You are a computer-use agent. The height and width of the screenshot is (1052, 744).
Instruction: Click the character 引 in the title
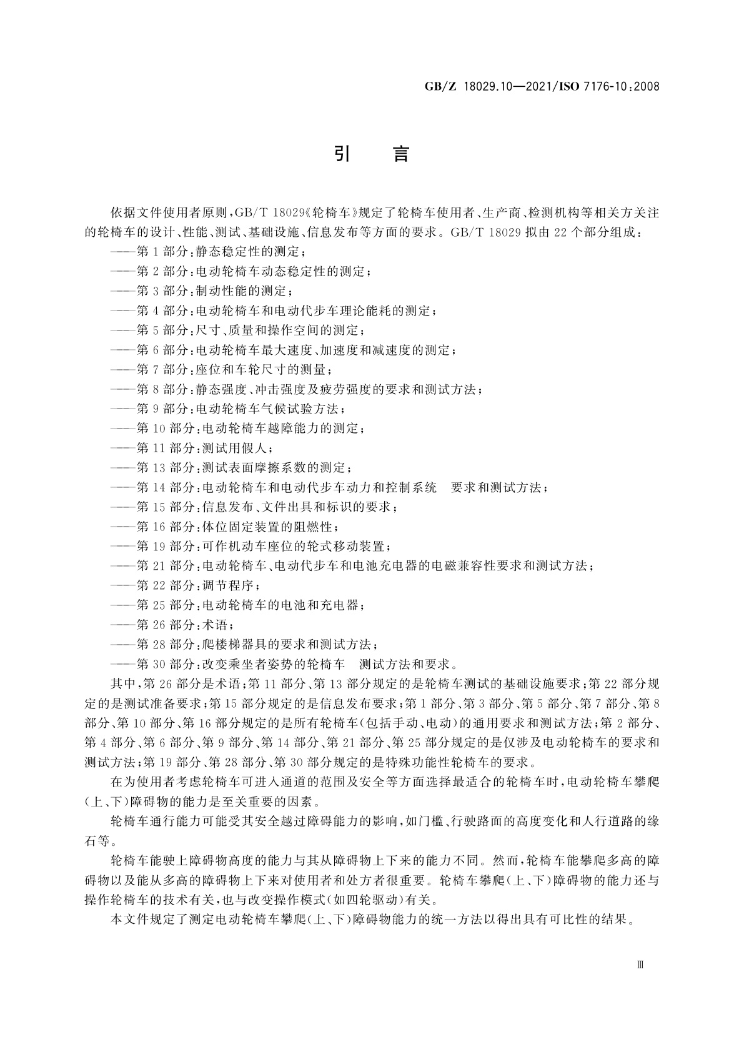tap(342, 154)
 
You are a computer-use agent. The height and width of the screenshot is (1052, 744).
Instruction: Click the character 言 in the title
tap(400, 154)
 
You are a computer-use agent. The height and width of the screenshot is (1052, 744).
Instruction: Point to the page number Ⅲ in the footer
tap(640, 964)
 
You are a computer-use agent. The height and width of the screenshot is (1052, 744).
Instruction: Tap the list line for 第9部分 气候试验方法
tap(227, 409)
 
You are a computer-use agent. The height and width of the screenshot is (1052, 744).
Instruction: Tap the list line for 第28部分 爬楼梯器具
tap(244, 644)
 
